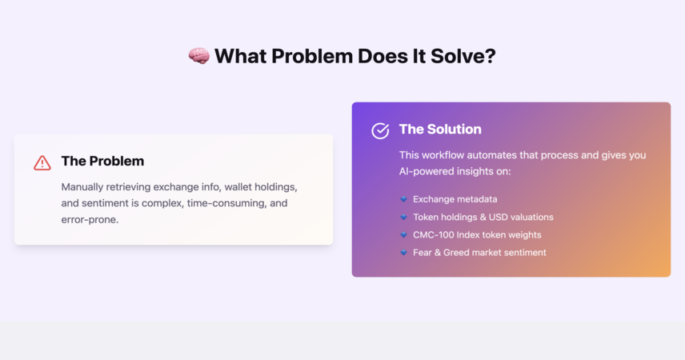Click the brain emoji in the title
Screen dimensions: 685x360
(198, 56)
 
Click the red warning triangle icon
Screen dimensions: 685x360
(42, 163)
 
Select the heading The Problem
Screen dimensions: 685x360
(102, 161)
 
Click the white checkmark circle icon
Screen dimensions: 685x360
(380, 130)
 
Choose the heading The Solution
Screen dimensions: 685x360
(440, 129)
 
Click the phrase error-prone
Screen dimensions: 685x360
(90, 219)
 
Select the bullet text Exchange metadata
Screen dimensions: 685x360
(455, 199)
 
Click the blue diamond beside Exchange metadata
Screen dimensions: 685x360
(403, 199)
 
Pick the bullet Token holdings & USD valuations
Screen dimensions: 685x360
(483, 217)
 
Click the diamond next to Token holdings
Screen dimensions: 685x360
(403, 217)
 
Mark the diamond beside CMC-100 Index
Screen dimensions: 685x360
(403, 234)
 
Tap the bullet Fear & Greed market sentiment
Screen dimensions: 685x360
(479, 253)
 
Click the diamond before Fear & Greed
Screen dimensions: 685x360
(403, 253)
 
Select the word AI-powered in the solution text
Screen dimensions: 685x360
(424, 171)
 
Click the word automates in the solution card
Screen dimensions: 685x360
(492, 155)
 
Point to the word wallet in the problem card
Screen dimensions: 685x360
(238, 187)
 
